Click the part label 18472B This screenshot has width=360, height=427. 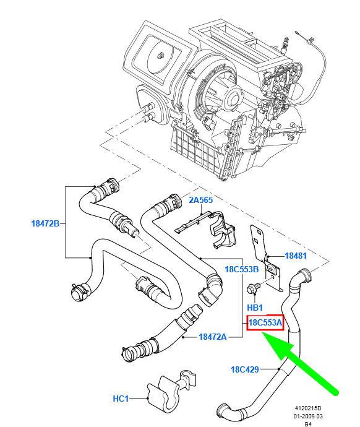[45, 223]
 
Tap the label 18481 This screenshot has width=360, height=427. [296, 255]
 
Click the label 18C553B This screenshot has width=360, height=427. [241, 269]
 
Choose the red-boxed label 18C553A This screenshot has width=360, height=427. [265, 322]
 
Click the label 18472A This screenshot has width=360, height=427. [213, 337]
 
